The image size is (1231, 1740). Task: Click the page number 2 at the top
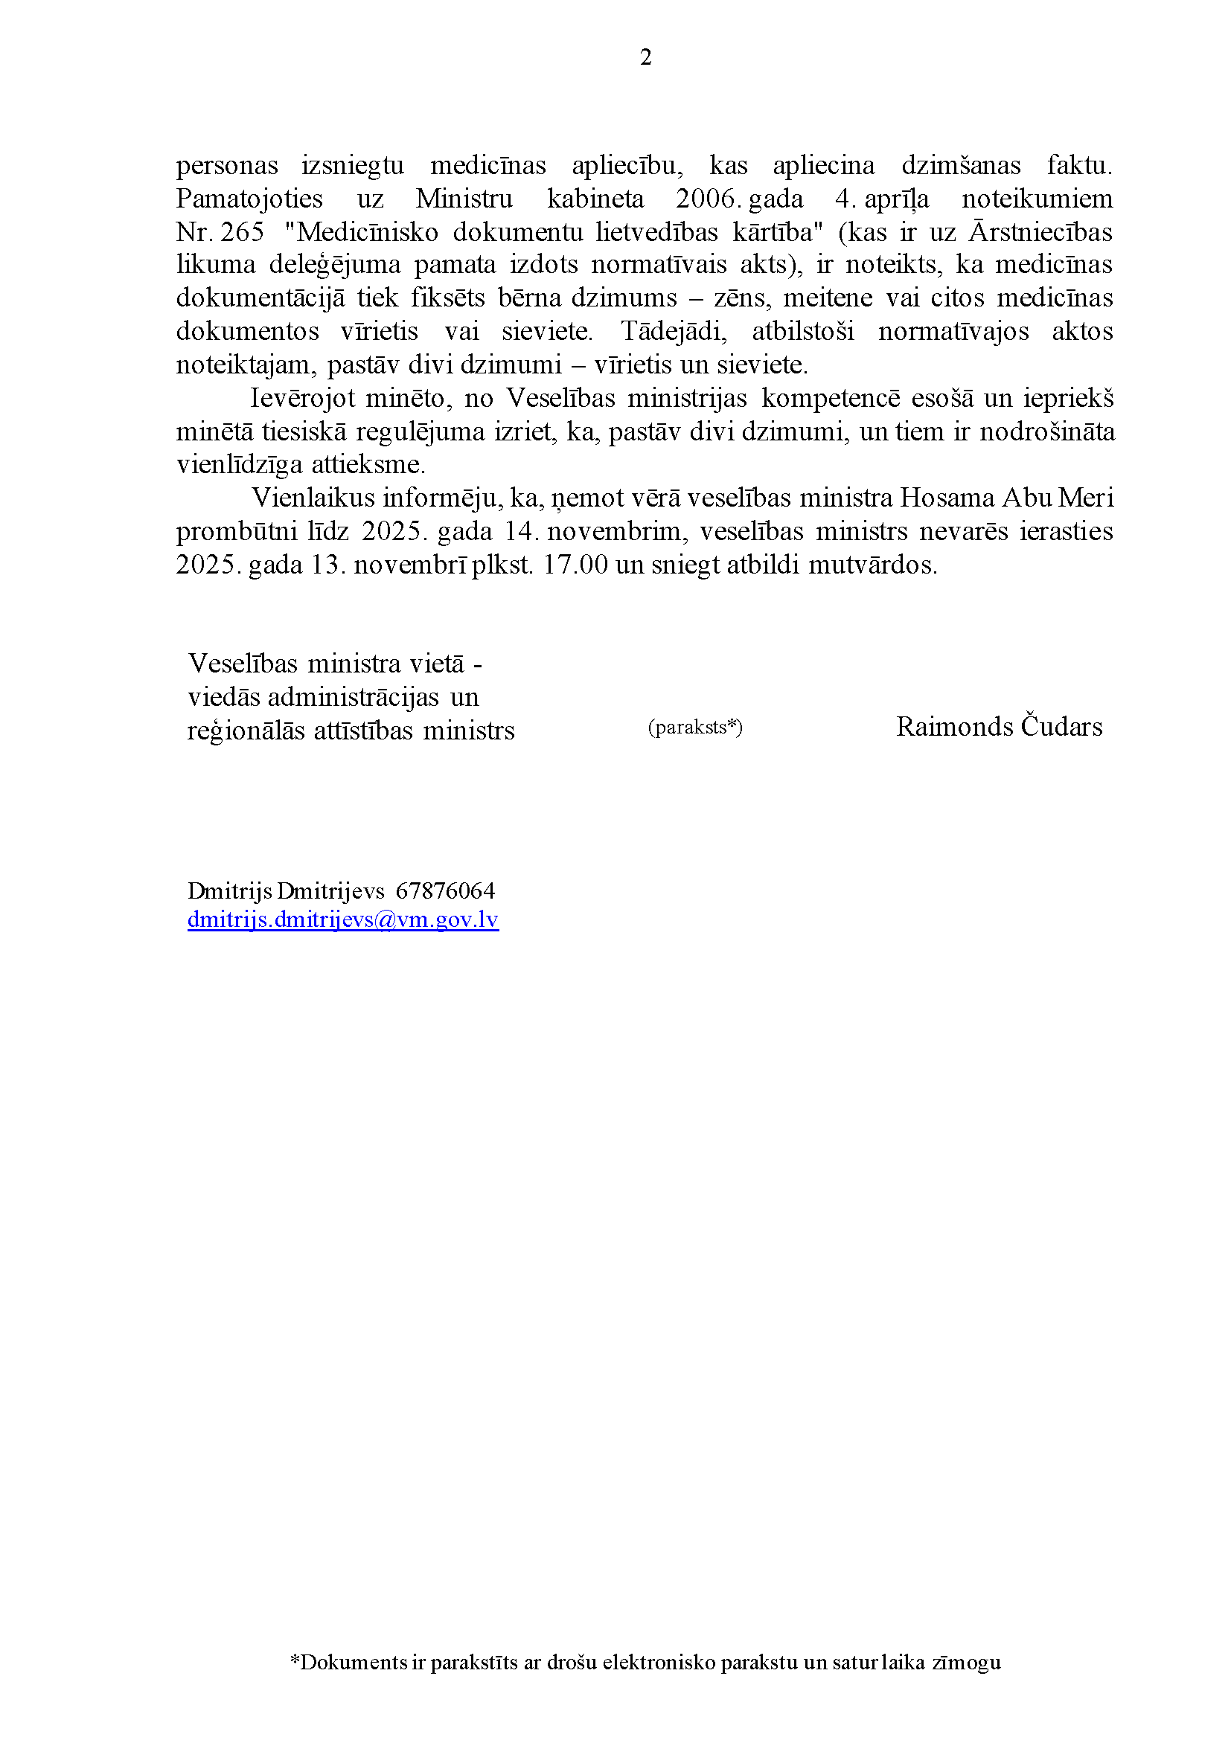click(x=645, y=57)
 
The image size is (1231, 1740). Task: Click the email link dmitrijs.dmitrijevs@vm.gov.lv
click(x=342, y=919)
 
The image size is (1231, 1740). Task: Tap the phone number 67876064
click(x=445, y=890)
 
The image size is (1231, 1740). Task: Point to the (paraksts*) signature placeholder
click(x=695, y=728)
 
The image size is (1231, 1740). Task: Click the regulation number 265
click(x=243, y=232)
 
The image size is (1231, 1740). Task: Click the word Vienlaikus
click(x=313, y=498)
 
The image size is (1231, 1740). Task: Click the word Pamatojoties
click(x=249, y=199)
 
